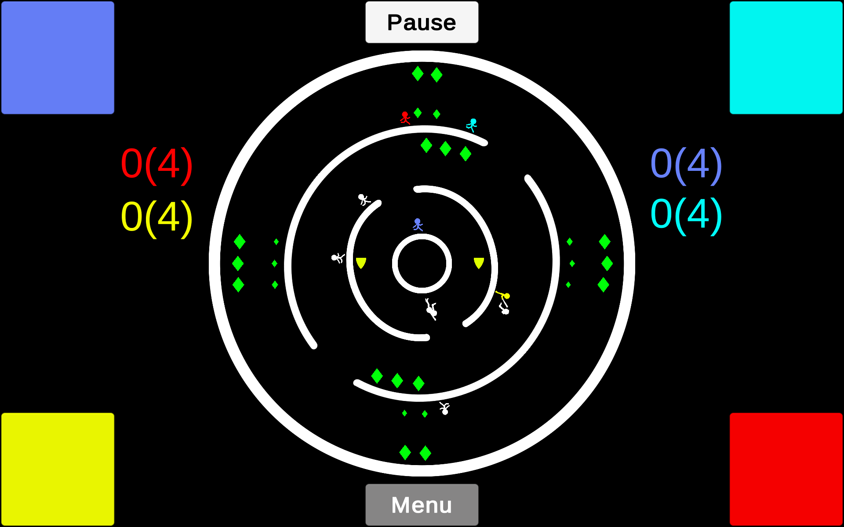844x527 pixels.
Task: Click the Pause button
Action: pyautogui.click(x=422, y=22)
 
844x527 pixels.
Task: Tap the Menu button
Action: pyautogui.click(x=422, y=505)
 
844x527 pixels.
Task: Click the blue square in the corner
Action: pyautogui.click(x=58, y=58)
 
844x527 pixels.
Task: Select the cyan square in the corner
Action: pyautogui.click(x=786, y=58)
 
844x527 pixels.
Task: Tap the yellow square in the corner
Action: pyautogui.click(x=58, y=469)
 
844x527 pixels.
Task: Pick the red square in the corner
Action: pyautogui.click(x=786, y=469)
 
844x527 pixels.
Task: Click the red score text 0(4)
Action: pyautogui.click(x=157, y=165)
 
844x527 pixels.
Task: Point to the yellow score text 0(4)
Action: pyautogui.click(x=157, y=218)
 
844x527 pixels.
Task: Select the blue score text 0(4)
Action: pyautogui.click(x=686, y=165)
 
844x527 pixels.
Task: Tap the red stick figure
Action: pyautogui.click(x=405, y=118)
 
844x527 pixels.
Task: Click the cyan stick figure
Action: pyautogui.click(x=472, y=125)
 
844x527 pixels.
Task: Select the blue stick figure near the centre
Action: pyautogui.click(x=418, y=224)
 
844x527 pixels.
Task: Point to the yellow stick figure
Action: pyautogui.click(x=503, y=296)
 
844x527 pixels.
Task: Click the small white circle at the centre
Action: pyautogui.click(x=422, y=235)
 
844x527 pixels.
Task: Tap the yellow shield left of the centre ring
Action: pyautogui.click(x=361, y=263)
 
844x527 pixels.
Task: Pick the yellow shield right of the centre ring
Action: pyautogui.click(x=479, y=263)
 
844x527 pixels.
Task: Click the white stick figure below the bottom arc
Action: pyautogui.click(x=444, y=408)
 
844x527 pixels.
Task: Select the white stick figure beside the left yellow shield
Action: pyautogui.click(x=338, y=258)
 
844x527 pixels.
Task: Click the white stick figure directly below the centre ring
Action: pyautogui.click(x=431, y=309)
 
